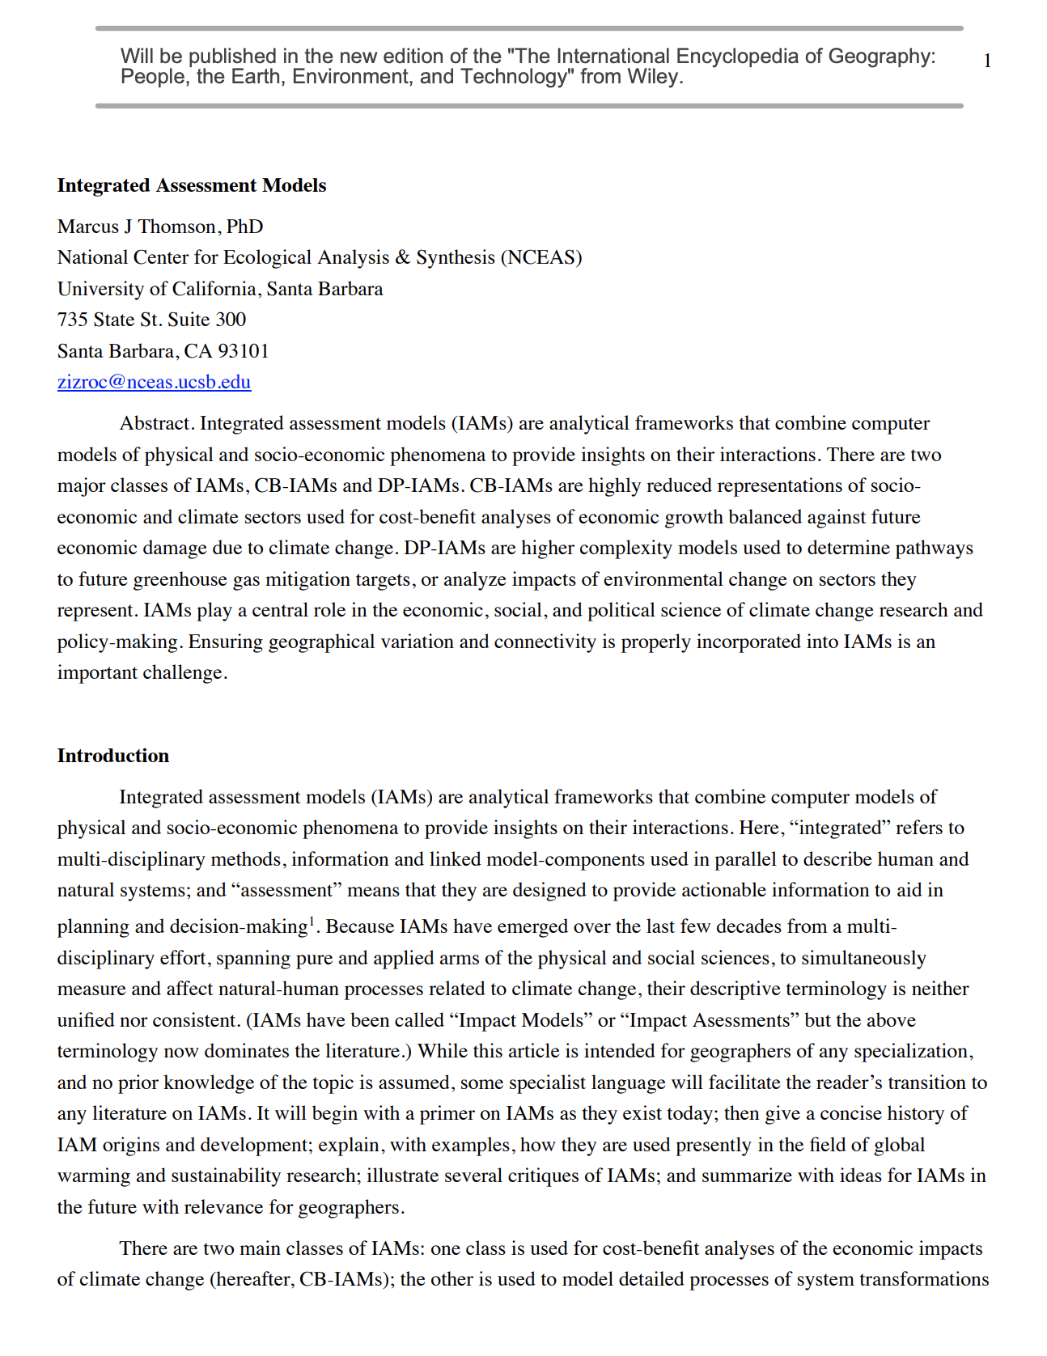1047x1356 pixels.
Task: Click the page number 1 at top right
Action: [987, 61]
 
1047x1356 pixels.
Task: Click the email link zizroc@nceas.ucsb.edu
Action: [154, 382]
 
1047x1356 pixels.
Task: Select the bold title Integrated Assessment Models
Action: [192, 185]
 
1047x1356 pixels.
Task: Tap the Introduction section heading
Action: [113, 756]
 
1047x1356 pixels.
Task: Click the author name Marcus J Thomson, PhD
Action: [160, 227]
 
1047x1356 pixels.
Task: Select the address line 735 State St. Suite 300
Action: [151, 320]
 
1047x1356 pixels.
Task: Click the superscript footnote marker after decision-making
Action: [312, 920]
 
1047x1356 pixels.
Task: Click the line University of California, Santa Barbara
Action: [220, 289]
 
